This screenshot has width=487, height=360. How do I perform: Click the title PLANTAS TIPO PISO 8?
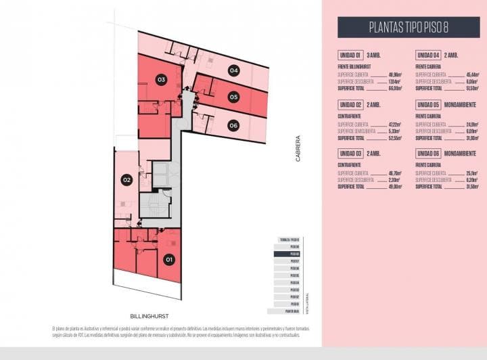tap(409, 28)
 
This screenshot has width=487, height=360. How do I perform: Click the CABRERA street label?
tap(298, 149)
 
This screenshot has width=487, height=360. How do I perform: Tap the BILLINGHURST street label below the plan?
tap(149, 316)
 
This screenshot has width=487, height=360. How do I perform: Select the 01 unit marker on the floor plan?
tap(169, 258)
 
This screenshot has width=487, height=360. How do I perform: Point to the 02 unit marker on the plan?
tap(126, 180)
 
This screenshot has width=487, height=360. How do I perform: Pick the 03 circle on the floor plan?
tap(161, 80)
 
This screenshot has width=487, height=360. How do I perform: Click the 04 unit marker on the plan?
tap(233, 70)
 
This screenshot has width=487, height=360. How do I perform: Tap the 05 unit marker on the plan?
tap(233, 97)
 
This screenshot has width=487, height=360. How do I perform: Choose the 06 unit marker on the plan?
tap(233, 125)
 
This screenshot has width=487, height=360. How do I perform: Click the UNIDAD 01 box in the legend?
tap(350, 55)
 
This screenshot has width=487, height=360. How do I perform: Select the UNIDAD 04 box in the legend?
tap(428, 55)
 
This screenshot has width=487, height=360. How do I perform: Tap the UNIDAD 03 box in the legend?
tap(350, 154)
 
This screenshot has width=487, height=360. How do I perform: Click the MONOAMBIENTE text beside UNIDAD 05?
tap(463, 104)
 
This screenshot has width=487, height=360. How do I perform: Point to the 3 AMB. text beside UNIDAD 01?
tap(373, 55)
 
